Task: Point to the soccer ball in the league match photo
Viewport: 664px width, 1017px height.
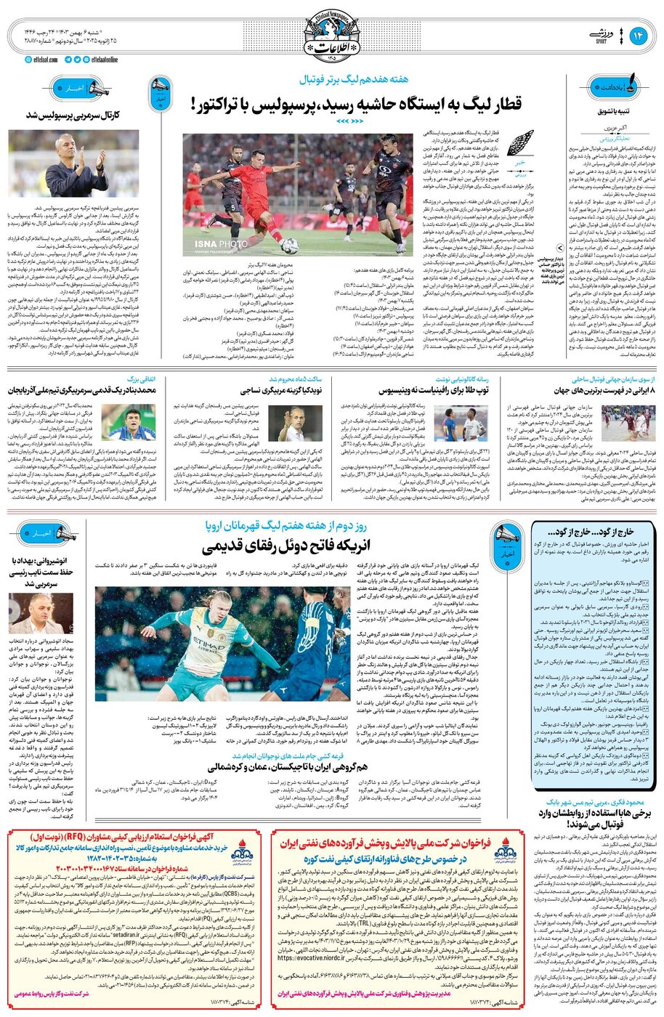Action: [x=289, y=245]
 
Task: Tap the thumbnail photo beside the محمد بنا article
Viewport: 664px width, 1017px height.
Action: [x=118, y=423]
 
